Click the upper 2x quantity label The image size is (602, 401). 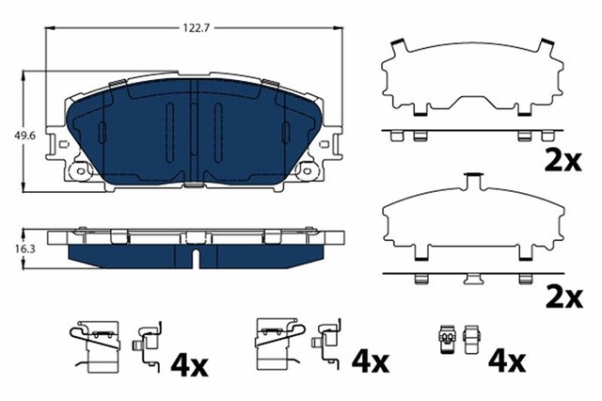point(563,161)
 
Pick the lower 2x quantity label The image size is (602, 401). point(563,297)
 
